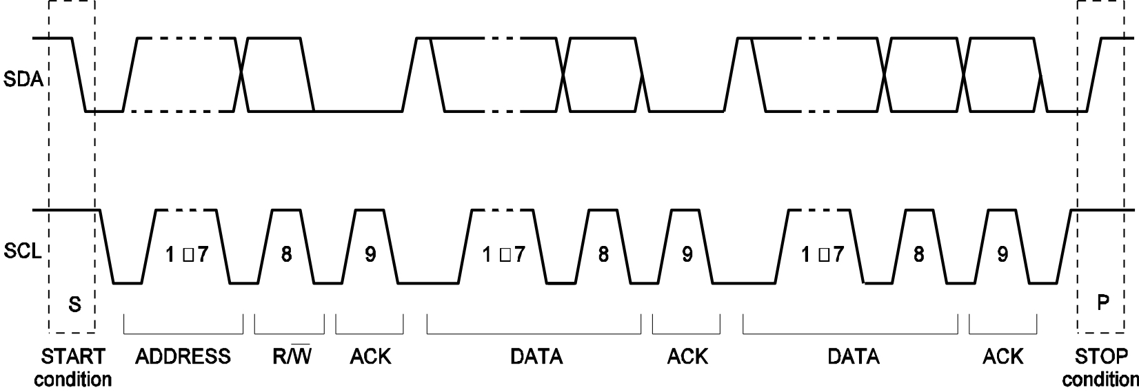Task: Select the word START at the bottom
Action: (73, 357)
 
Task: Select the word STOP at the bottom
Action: (1102, 357)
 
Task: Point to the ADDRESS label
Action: (183, 357)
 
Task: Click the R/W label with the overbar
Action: (289, 356)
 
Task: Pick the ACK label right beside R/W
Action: (370, 357)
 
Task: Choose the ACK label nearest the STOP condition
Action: (1003, 357)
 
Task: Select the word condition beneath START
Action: (73, 379)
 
